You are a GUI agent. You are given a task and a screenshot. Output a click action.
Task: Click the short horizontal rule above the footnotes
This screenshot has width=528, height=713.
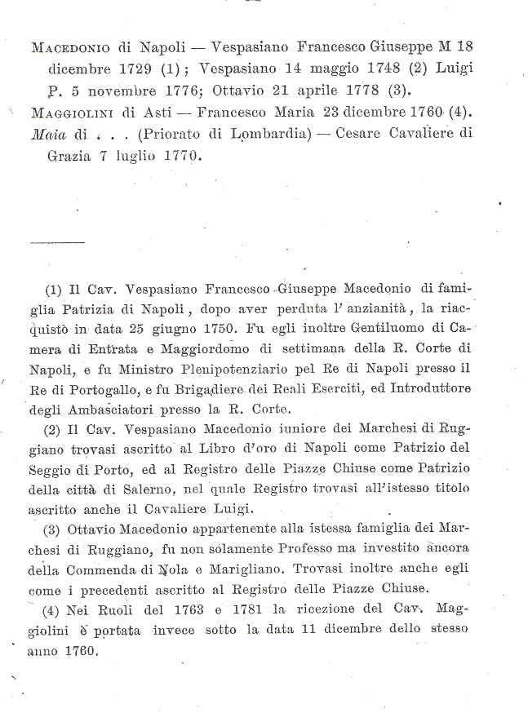56,243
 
